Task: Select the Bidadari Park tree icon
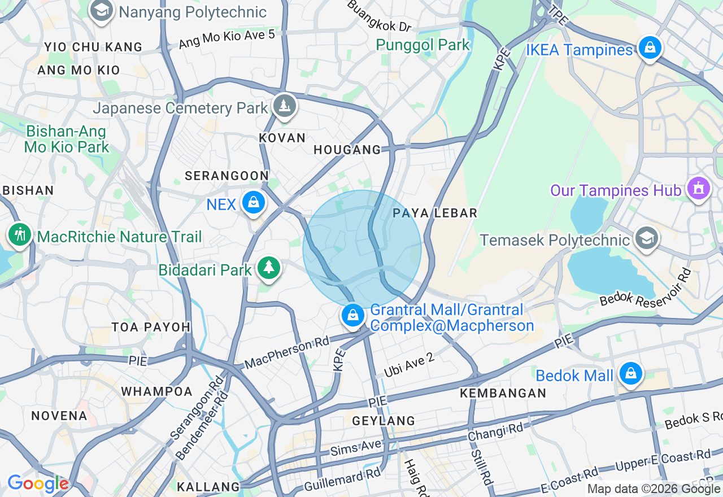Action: tap(268, 268)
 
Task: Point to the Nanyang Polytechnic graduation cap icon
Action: tap(102, 11)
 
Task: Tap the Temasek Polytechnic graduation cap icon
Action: tap(646, 238)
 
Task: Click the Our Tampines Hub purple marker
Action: tap(699, 189)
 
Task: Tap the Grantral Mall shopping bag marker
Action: tap(353, 316)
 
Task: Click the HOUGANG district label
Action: tap(347, 150)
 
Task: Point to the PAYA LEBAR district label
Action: tap(435, 213)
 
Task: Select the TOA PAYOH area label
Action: tap(151, 327)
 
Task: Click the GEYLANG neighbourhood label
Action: tap(384, 421)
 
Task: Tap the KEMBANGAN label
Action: tap(503, 393)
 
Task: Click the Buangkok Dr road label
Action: tap(379, 16)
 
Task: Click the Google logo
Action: tap(37, 483)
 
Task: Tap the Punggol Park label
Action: tap(423, 45)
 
